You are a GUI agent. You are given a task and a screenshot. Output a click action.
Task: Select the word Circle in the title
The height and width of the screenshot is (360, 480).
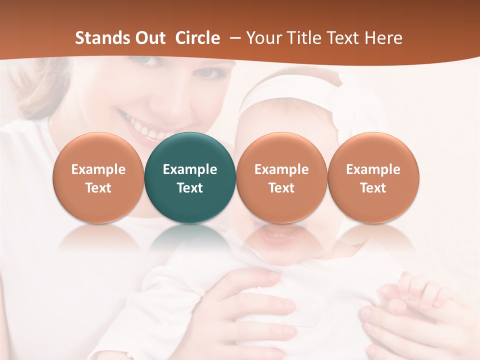point(197,38)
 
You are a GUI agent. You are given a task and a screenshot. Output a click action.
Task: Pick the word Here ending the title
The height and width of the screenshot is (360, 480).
point(383,38)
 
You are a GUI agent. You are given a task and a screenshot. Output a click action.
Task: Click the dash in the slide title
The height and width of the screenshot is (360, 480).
point(234,38)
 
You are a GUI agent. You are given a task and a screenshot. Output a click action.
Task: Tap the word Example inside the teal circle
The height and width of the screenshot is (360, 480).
point(190,169)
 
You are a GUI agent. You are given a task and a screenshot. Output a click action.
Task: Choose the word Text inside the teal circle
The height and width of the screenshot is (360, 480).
point(190,188)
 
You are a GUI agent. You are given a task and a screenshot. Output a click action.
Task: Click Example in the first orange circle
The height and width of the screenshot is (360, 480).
point(98,169)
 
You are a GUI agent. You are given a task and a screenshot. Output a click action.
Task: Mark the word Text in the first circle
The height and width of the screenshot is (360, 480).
point(98,188)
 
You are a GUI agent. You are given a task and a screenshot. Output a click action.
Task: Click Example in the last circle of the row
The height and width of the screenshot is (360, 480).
point(373,169)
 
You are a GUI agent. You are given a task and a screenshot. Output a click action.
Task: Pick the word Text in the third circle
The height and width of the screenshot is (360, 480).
point(281,188)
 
